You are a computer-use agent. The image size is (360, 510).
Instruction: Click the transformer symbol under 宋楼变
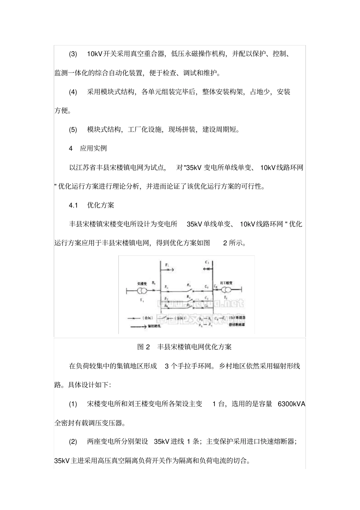[142, 291]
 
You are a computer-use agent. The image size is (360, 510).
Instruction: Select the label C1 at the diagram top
[207, 262]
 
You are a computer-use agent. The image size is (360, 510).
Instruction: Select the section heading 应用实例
[93, 148]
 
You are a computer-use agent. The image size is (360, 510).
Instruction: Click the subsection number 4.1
[73, 205]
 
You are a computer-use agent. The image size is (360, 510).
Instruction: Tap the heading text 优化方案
[100, 205]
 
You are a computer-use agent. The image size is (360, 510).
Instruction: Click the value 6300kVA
[291, 404]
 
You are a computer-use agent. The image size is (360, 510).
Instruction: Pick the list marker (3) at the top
[73, 54]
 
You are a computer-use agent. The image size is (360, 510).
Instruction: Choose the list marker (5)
[73, 130]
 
